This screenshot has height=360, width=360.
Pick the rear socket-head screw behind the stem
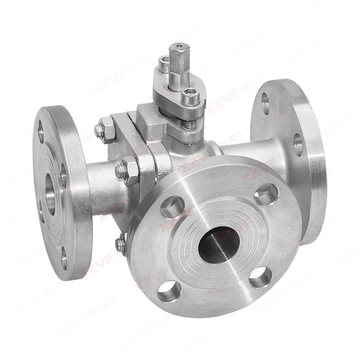164,65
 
